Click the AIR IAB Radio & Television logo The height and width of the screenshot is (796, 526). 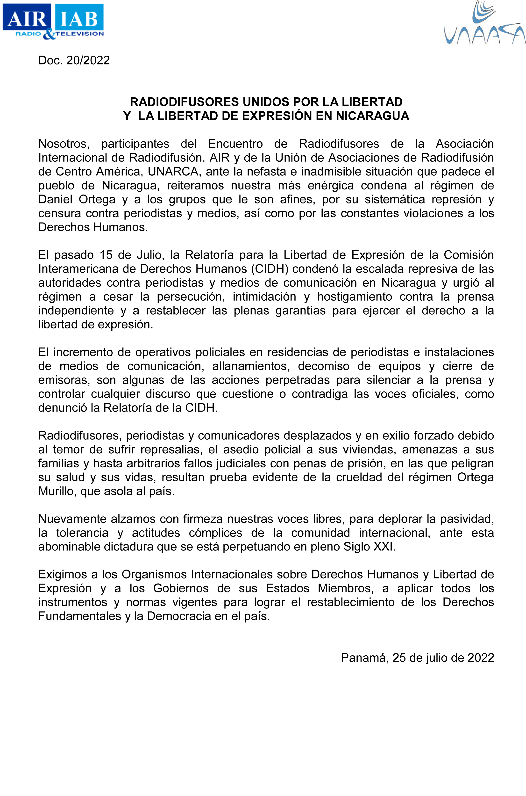point(53,21)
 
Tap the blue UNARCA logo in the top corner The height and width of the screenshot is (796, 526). point(484,23)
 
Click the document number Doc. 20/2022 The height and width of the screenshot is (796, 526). point(74,60)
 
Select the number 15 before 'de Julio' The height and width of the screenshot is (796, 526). point(106,255)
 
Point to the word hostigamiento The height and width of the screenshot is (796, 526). point(355,297)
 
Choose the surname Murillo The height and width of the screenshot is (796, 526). point(57,491)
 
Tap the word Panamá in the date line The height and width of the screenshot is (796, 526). point(364,658)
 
